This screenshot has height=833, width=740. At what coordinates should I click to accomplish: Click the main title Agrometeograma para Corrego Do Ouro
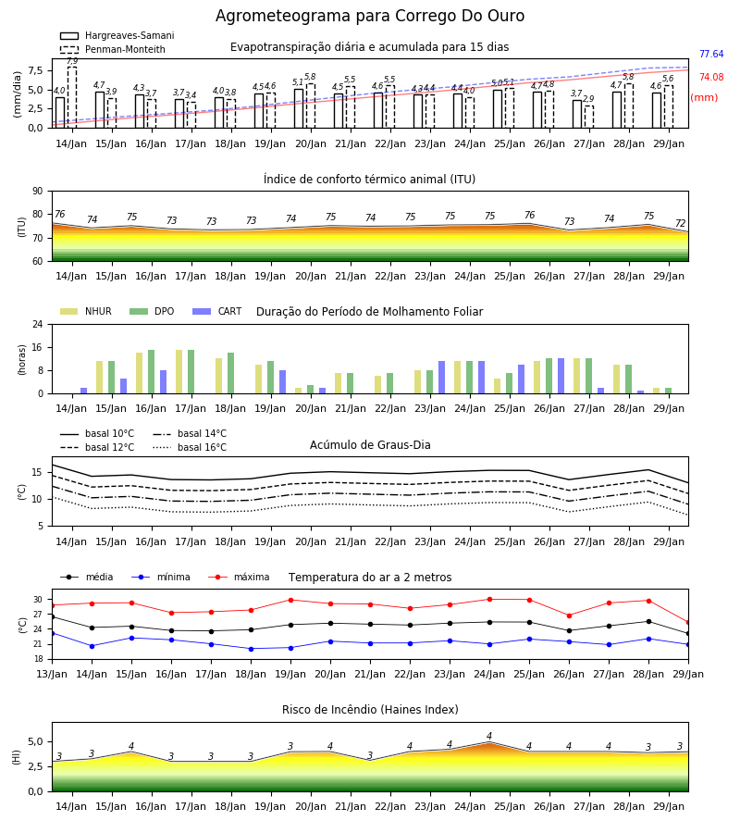coord(369,16)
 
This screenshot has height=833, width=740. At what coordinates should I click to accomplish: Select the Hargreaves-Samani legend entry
coord(117,35)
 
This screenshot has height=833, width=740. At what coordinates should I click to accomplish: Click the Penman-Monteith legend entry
coord(113,49)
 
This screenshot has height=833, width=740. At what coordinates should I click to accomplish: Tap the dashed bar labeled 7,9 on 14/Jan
coord(72,97)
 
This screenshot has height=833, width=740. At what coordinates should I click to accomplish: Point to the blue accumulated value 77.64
coord(711,55)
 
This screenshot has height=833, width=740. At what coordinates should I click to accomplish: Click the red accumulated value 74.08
coord(711,77)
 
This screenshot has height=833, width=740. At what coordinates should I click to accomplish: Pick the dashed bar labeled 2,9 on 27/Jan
coord(589,117)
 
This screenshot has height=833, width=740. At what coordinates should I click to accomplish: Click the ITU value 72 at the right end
coord(681,223)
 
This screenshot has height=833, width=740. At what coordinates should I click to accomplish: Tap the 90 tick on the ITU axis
coord(38,192)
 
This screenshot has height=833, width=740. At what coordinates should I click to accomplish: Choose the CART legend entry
coord(217,311)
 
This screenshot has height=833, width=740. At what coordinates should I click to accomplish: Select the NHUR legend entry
coord(86,311)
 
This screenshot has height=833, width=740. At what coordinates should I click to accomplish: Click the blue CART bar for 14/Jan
coord(84,391)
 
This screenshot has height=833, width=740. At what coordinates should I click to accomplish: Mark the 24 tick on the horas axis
coord(38,324)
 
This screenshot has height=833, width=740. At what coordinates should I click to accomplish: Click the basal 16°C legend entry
coord(190,447)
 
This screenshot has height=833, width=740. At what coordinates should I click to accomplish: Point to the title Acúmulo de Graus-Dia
coord(370,445)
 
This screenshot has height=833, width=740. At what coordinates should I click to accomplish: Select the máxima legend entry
coord(239,577)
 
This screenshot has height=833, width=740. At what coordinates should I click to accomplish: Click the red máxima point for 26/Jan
coord(570,615)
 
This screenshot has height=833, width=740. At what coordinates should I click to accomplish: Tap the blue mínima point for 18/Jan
coord(251,649)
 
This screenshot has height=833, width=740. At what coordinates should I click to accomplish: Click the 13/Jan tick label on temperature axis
coord(52,674)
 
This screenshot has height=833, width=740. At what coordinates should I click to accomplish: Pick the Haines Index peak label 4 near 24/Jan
coord(489,737)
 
